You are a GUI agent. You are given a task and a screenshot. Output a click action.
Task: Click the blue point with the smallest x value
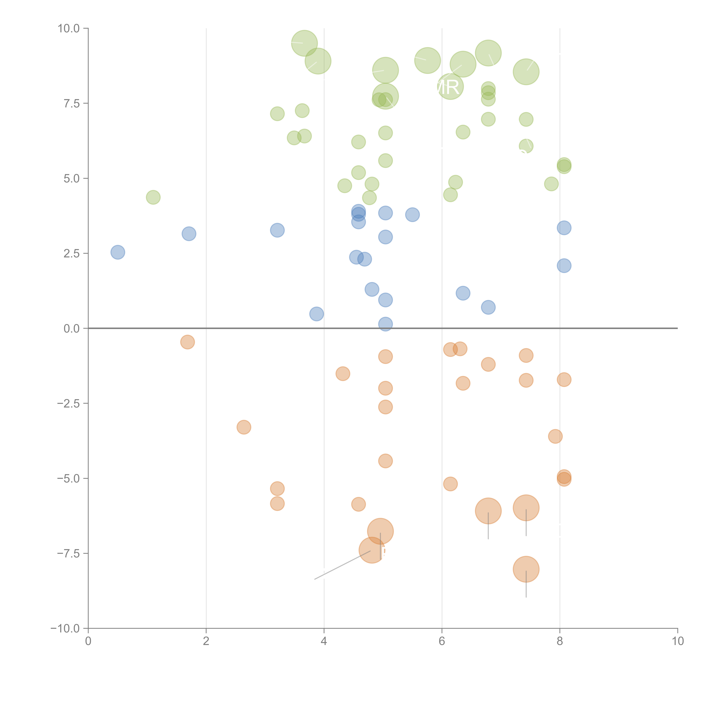(x=118, y=252)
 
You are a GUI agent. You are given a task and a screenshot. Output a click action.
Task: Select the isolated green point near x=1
(x=153, y=197)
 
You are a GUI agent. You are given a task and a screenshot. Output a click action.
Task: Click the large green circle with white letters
(x=450, y=87)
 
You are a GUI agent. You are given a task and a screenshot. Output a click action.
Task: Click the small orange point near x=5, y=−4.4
(x=385, y=461)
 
